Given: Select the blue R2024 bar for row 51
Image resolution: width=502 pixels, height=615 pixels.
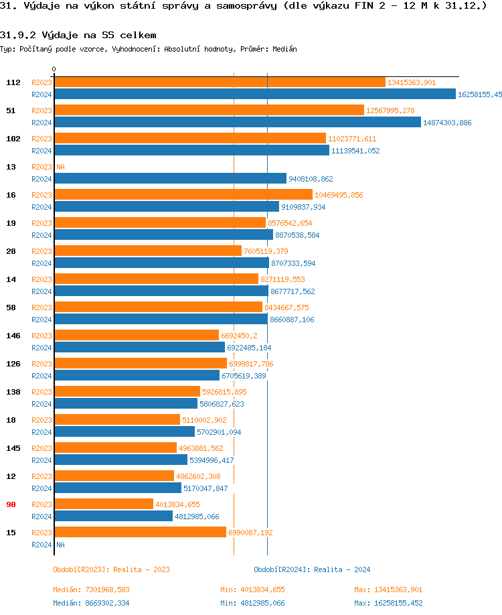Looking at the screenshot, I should [238, 122].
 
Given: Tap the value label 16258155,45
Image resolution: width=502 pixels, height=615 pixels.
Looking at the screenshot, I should [479, 94].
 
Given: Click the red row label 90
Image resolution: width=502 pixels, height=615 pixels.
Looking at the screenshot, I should [11, 504].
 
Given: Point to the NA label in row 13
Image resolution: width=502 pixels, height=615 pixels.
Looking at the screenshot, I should [60, 167].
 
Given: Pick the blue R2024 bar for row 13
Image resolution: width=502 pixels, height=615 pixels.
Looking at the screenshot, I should [170, 178].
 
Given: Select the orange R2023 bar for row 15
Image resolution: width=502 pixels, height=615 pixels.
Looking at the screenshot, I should [140, 532].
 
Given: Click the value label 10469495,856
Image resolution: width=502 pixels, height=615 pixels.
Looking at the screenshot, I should [339, 195].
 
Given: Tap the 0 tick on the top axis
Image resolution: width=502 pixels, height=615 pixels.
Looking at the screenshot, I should [54, 70].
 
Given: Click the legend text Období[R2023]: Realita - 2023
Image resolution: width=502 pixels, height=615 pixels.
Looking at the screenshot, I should [111, 569].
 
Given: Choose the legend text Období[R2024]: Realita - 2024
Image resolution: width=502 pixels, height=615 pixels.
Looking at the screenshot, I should [312, 569].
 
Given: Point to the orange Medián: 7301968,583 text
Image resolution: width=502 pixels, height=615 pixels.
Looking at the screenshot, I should [91, 590].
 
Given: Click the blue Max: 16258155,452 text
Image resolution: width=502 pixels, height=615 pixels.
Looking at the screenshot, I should [388, 603].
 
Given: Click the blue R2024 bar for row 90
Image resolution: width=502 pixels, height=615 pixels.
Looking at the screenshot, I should [113, 516].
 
